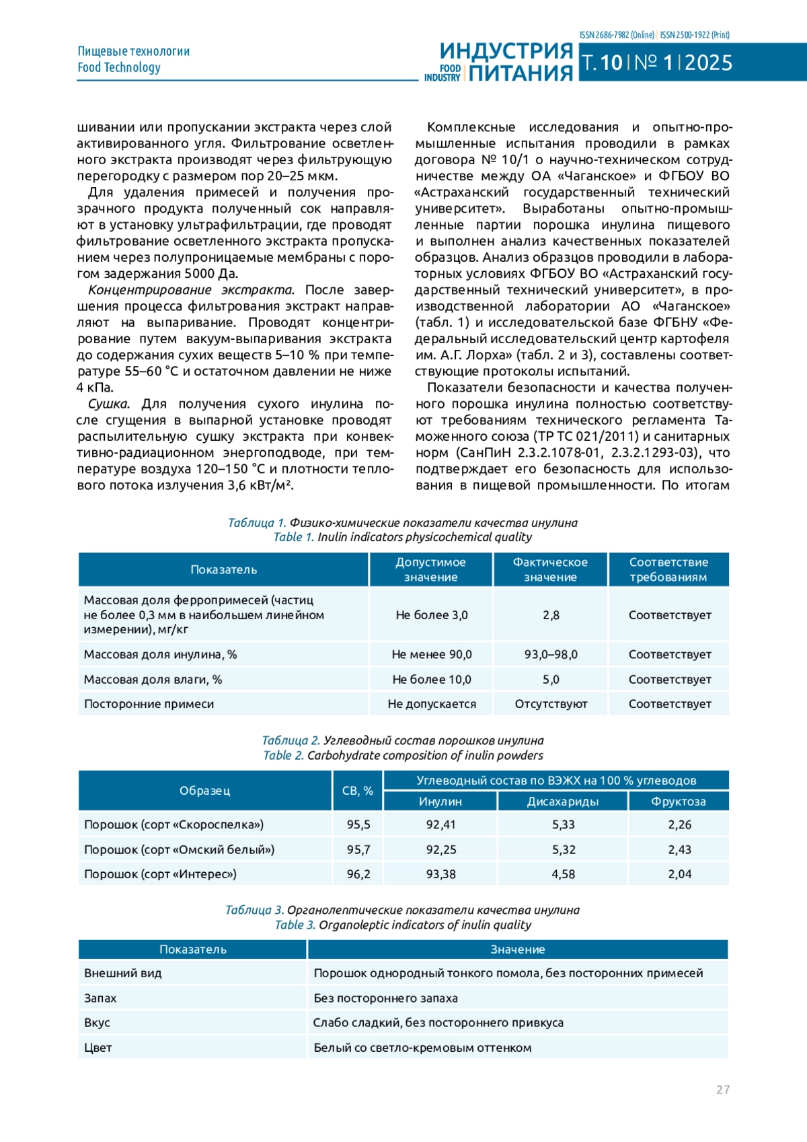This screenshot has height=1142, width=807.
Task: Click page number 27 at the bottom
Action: [722, 1090]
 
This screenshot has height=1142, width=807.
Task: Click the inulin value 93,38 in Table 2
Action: [440, 874]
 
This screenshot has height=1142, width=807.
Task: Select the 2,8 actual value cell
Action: [551, 615]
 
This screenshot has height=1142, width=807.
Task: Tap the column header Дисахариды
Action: [562, 801]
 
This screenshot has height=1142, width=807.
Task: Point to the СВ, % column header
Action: [357, 791]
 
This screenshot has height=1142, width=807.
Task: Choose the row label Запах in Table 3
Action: [100, 998]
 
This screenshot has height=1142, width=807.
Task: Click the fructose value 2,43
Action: [679, 849]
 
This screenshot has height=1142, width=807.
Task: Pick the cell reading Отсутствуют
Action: [551, 704]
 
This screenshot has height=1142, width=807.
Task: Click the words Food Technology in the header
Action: [119, 67]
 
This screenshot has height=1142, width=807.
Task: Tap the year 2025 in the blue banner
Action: [708, 63]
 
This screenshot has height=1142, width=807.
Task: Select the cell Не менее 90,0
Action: [432, 654]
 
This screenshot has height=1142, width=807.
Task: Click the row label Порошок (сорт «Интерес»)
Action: [160, 874]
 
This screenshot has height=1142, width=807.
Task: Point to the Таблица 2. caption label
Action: [291, 740]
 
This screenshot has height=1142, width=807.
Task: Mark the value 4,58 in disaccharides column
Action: [564, 874]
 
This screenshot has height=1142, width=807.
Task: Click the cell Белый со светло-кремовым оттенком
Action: [422, 1048]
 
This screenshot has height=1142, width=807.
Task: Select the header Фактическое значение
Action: [550, 569]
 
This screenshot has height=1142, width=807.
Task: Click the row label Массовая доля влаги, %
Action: [153, 680]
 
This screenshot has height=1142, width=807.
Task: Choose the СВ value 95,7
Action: [358, 849]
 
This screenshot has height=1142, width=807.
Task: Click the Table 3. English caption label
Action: [295, 925]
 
